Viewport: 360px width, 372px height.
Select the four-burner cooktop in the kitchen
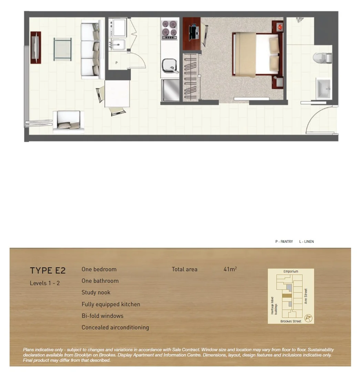click(x=169, y=30)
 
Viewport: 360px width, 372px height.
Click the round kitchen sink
click(x=169, y=65)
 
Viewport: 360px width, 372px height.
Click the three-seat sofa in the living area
click(x=91, y=50)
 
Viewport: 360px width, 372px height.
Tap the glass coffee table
click(x=63, y=49)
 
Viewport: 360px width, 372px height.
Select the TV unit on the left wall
click(x=35, y=48)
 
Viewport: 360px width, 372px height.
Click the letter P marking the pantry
click(x=116, y=63)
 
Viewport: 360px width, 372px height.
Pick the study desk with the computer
click(x=192, y=33)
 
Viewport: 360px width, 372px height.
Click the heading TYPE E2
click(x=48, y=271)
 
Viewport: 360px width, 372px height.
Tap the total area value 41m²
click(x=230, y=269)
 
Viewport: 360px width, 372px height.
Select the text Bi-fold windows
click(x=102, y=316)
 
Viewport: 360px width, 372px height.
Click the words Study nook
click(x=96, y=292)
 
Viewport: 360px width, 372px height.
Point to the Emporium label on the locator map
click(x=291, y=271)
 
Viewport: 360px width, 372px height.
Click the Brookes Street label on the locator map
click(x=291, y=321)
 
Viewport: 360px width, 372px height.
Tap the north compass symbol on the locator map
click(x=308, y=318)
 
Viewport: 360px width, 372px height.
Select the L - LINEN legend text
click(x=306, y=242)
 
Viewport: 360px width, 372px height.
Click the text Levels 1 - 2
click(x=45, y=283)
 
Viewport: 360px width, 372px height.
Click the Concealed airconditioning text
click(x=115, y=328)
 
